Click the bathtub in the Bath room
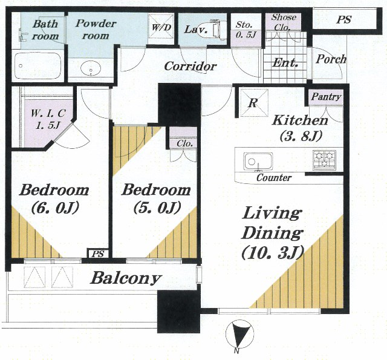coord(38,66)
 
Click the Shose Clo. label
coord(284,22)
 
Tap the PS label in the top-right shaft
coord(344,19)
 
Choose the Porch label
coord(331,59)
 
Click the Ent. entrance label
coord(285,62)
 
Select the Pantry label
coord(326,97)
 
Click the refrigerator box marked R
coord(254,102)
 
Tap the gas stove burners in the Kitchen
coord(324,160)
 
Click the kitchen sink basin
coord(258,162)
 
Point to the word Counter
coord(274,177)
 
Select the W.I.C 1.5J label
coord(48,120)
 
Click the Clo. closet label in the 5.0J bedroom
coord(185,143)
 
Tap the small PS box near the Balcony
coord(98,254)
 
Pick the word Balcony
coord(126,278)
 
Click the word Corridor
coord(190,66)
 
